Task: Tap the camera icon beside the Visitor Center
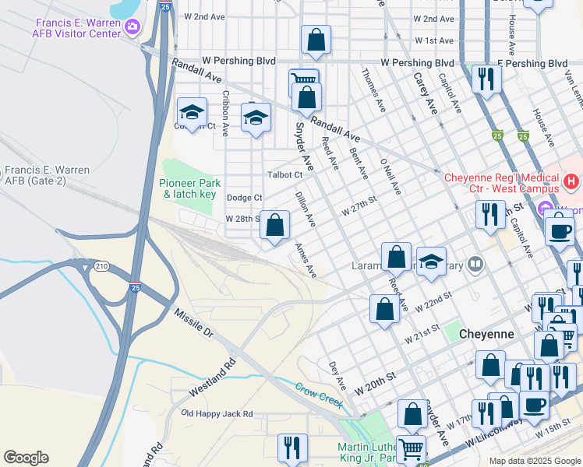click(132, 28)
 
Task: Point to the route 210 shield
click(101, 266)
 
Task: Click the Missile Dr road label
click(193, 321)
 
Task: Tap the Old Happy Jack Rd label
click(217, 413)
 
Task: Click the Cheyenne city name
click(486, 333)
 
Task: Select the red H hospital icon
click(571, 182)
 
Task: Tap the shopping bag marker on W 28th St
click(274, 226)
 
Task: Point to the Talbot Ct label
click(284, 175)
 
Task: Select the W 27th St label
click(359, 206)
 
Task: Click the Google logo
click(26, 458)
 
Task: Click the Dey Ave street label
click(337, 375)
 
